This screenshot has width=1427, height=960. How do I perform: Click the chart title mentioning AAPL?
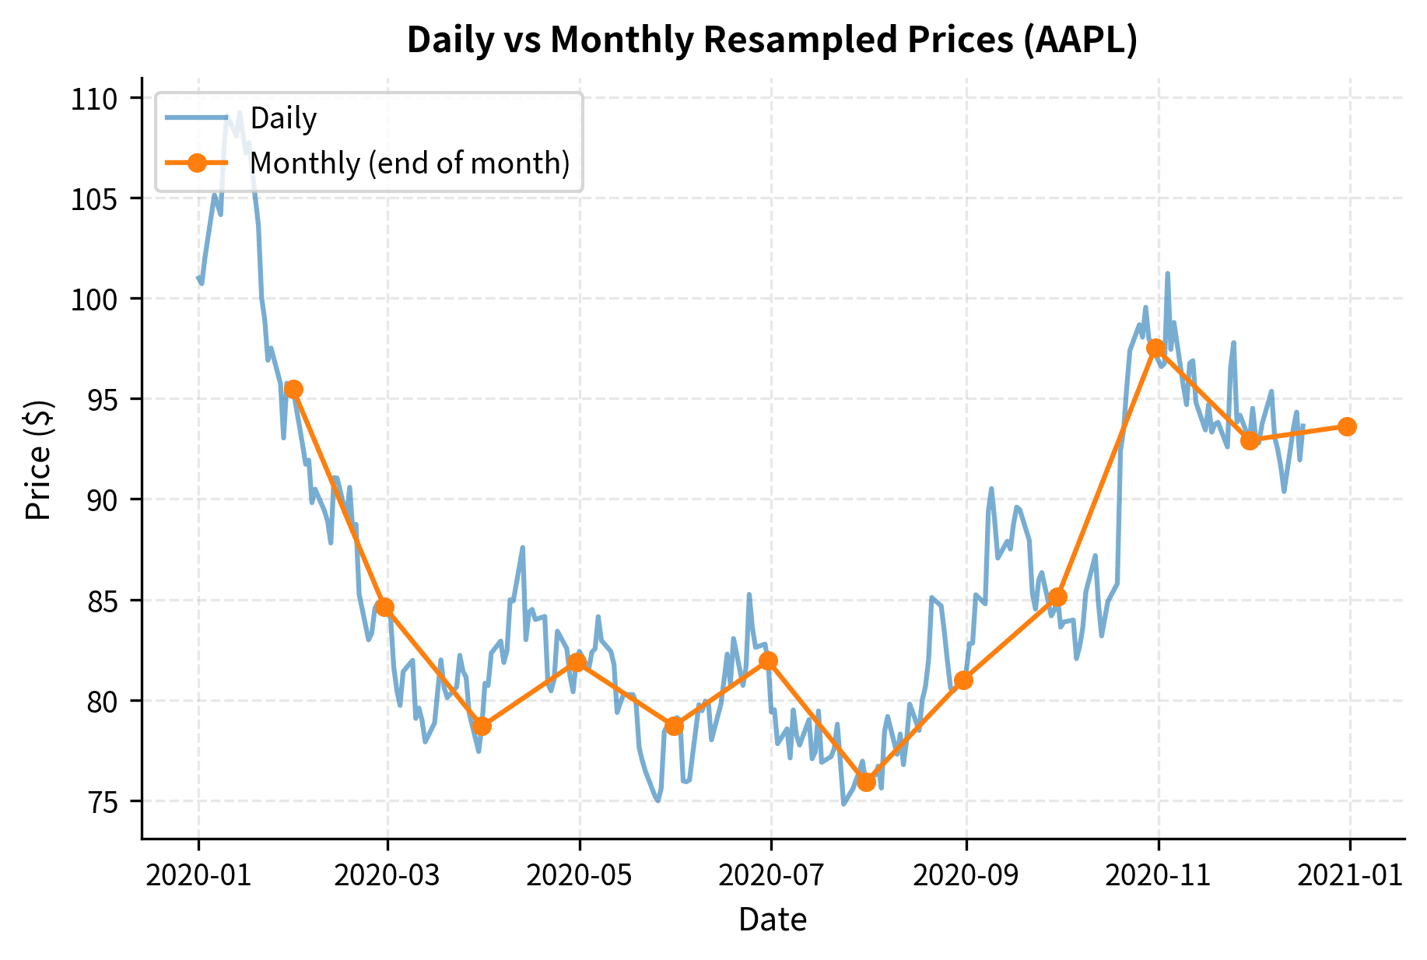point(772,40)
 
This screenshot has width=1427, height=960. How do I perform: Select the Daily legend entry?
point(283,118)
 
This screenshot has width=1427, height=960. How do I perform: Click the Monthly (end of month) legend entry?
point(410,163)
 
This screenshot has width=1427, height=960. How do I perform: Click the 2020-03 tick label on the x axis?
point(387,875)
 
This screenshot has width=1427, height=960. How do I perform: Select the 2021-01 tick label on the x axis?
point(1350,875)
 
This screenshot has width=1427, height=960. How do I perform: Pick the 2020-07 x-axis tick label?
point(770,875)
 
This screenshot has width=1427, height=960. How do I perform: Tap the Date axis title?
point(772,920)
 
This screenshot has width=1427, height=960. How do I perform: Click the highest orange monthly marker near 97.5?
point(1155,348)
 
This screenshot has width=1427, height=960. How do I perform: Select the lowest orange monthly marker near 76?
point(866,782)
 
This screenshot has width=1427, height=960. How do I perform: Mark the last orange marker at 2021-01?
point(1347,426)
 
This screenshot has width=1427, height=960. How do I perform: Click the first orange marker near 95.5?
point(293,389)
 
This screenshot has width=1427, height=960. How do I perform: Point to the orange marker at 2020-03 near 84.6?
point(384,607)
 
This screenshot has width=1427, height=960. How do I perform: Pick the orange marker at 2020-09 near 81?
point(963,680)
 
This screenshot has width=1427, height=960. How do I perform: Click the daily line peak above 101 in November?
point(1167,274)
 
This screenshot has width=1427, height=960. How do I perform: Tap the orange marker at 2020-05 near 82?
point(577,662)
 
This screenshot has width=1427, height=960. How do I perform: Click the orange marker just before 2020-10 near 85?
point(1057,597)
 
